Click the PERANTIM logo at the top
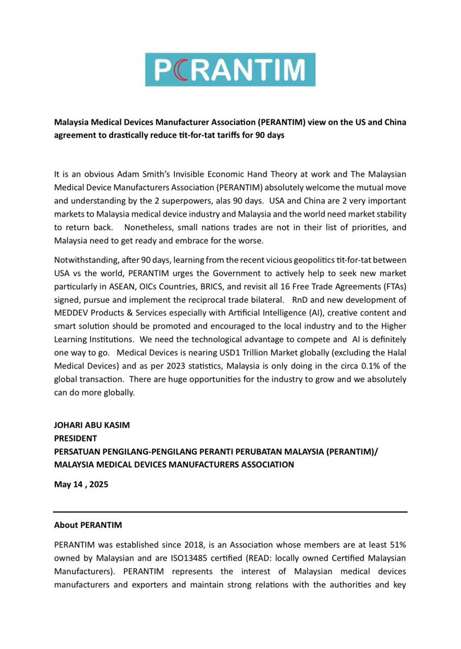pyautogui.click(x=230, y=69)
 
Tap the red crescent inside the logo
pyautogui.click(x=179, y=70)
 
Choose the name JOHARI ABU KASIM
pyautogui.click(x=92, y=425)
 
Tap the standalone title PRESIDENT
pyautogui.click(x=76, y=438)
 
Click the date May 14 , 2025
pyautogui.click(x=81, y=484)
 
